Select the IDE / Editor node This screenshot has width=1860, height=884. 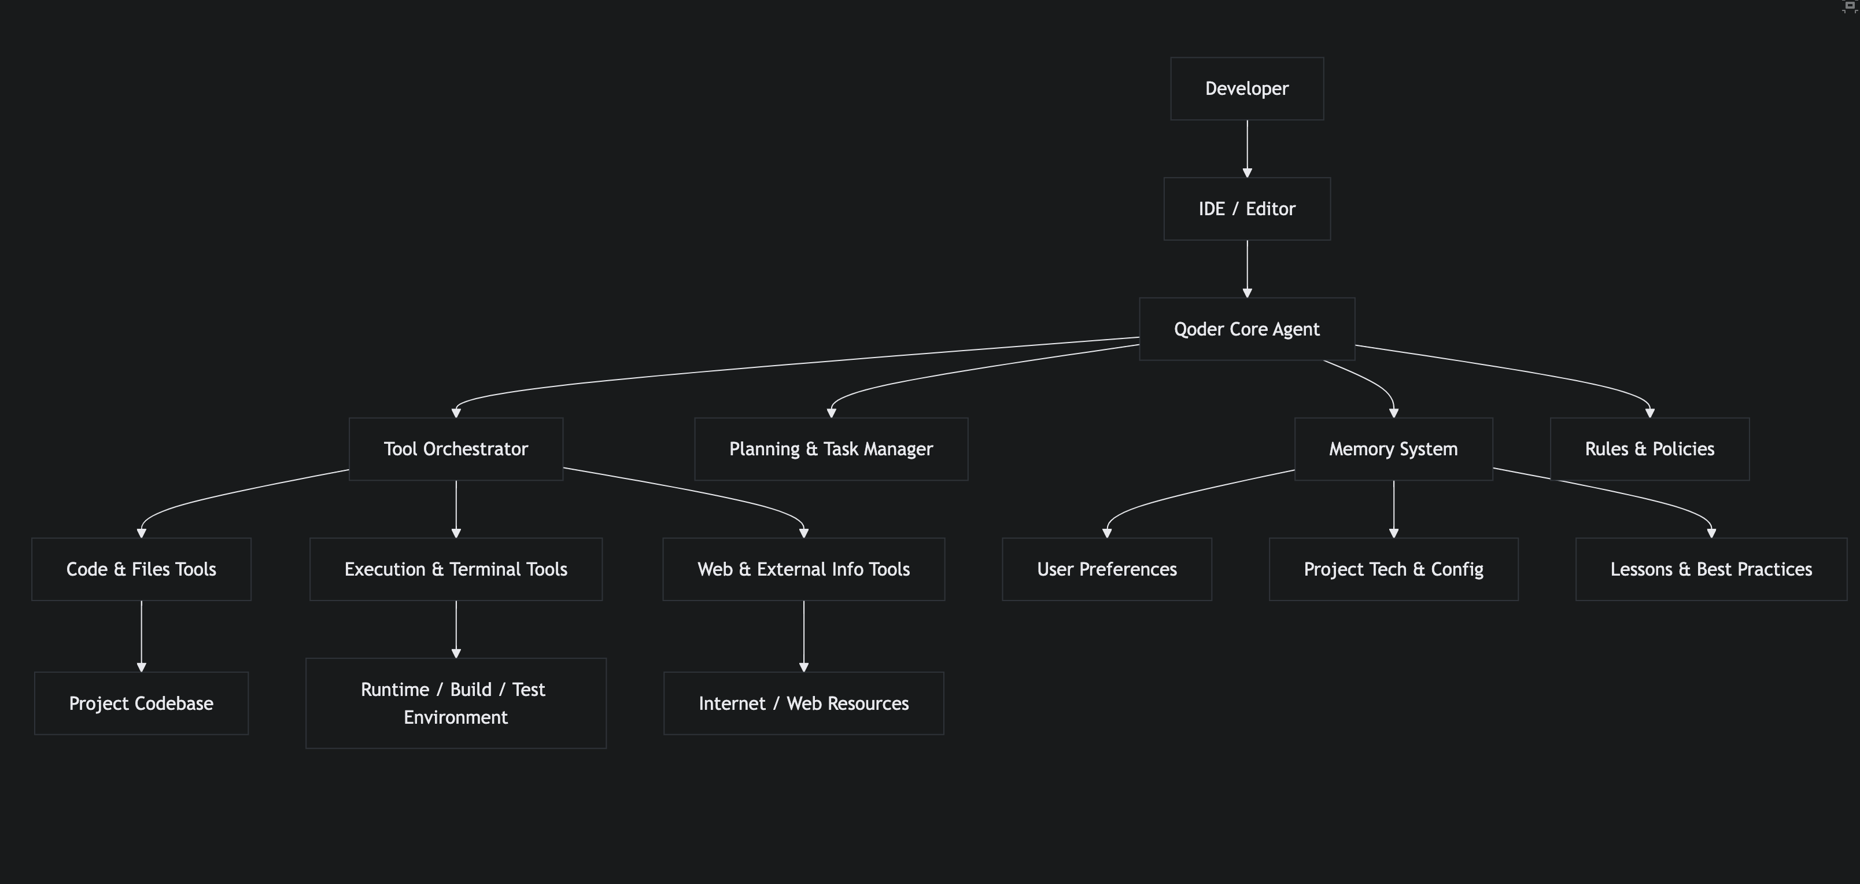click(x=1247, y=209)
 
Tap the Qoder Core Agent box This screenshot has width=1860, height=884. click(x=1247, y=329)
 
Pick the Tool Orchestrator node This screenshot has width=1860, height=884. click(x=456, y=449)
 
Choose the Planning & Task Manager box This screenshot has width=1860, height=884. click(x=831, y=449)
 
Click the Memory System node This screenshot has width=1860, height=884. click(x=1394, y=449)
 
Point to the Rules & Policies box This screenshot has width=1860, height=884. click(x=1650, y=449)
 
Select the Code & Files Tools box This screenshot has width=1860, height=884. click(x=142, y=569)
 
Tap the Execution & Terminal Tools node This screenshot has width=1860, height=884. click(x=456, y=569)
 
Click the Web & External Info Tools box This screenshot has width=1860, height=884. click(x=804, y=569)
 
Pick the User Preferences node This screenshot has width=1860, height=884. click(x=1107, y=569)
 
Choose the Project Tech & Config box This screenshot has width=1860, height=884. click(x=1394, y=569)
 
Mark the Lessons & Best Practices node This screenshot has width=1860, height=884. click(x=1711, y=569)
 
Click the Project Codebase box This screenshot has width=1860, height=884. click(x=142, y=703)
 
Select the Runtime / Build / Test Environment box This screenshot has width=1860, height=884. click(x=456, y=703)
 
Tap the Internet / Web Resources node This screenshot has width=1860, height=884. click(x=804, y=703)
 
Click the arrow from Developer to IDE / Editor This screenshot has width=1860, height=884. click(x=1247, y=149)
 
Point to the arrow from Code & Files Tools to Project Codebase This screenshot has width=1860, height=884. click(x=142, y=636)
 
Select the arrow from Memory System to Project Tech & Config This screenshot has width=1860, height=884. click(x=1394, y=509)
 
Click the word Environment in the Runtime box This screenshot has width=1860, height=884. click(x=456, y=717)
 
